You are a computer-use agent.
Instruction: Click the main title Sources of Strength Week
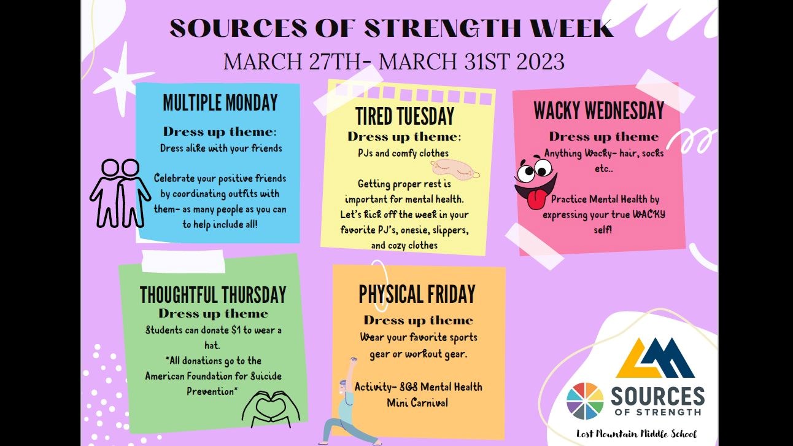point(391,28)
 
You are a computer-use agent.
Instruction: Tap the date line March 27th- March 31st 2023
point(393,61)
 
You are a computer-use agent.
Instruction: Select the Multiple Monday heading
point(220,103)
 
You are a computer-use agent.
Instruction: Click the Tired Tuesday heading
point(404,116)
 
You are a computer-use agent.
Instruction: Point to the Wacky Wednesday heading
point(598,111)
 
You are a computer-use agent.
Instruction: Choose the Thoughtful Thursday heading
point(213,295)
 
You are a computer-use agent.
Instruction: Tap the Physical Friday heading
point(417,294)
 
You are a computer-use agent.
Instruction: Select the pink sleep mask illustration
point(455,168)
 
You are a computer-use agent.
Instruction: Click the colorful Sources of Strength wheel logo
point(585,401)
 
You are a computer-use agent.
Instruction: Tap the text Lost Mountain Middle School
point(636,434)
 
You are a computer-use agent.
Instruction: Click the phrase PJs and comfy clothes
point(403,153)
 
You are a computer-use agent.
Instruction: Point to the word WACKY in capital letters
point(648,214)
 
